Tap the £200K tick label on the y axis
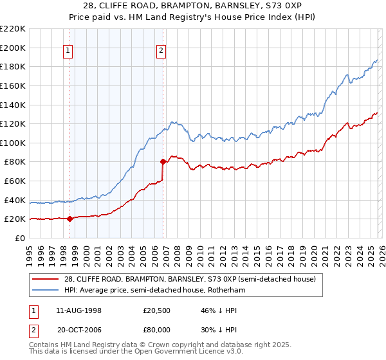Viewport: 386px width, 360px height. (13, 48)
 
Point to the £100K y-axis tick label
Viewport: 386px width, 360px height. (13, 143)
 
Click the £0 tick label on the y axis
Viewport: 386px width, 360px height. (19, 238)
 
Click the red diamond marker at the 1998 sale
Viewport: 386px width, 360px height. (69, 219)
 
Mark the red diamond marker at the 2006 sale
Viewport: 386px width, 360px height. (163, 162)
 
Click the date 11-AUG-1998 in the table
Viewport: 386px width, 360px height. (79, 310)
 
